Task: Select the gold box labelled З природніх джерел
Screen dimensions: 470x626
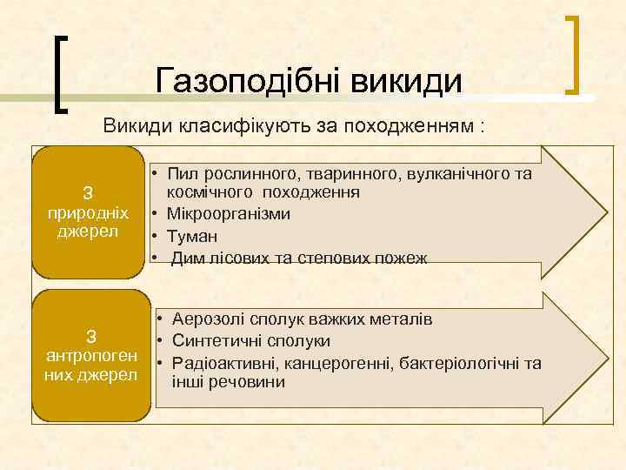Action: pyautogui.click(x=88, y=212)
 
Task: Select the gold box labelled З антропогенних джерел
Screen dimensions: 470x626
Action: pyautogui.click(x=88, y=355)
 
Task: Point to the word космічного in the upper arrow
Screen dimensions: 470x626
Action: pyautogui.click(x=209, y=191)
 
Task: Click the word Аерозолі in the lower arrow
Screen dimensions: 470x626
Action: pyautogui.click(x=209, y=319)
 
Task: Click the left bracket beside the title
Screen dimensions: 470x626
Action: pyautogui.click(x=59, y=73)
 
